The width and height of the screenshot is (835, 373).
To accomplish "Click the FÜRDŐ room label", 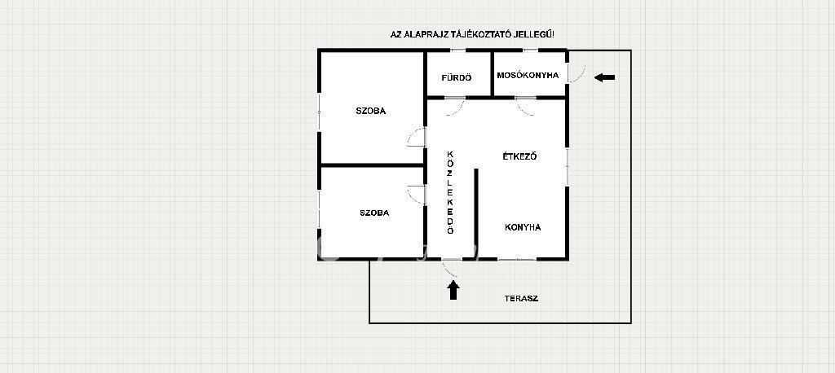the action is [x=457, y=77].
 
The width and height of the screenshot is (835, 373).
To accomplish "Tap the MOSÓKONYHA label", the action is [x=528, y=75].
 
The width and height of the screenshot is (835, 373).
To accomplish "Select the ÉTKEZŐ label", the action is [x=519, y=156].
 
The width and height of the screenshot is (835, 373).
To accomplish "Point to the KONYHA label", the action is [x=523, y=227].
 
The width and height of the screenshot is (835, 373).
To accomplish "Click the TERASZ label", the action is [x=521, y=299].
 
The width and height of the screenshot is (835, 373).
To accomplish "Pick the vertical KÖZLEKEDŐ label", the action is [x=450, y=193].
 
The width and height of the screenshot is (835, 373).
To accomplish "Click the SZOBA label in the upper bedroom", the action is [x=371, y=112].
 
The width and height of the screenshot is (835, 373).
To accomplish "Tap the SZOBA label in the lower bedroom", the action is [x=374, y=213].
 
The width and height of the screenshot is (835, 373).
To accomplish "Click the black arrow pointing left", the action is [x=604, y=77].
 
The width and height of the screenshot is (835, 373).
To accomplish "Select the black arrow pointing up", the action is [x=453, y=291].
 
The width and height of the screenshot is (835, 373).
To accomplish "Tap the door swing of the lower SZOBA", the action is [x=416, y=195].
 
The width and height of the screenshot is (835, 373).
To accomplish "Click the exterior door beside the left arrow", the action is [x=577, y=73].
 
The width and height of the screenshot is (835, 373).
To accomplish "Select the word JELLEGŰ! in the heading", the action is [x=535, y=34].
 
